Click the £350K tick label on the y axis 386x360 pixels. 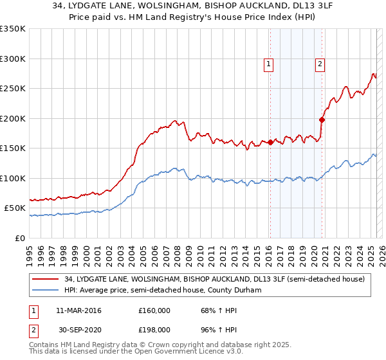pos(13,29)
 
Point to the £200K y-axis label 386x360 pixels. pos(13,118)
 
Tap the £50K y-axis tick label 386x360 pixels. pos(15,208)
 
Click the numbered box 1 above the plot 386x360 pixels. pos(268,64)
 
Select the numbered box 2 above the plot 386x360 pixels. pos(320,64)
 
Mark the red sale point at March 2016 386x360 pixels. pos(270,143)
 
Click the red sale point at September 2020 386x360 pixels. pos(322,120)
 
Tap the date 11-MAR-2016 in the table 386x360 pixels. pos(78,310)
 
